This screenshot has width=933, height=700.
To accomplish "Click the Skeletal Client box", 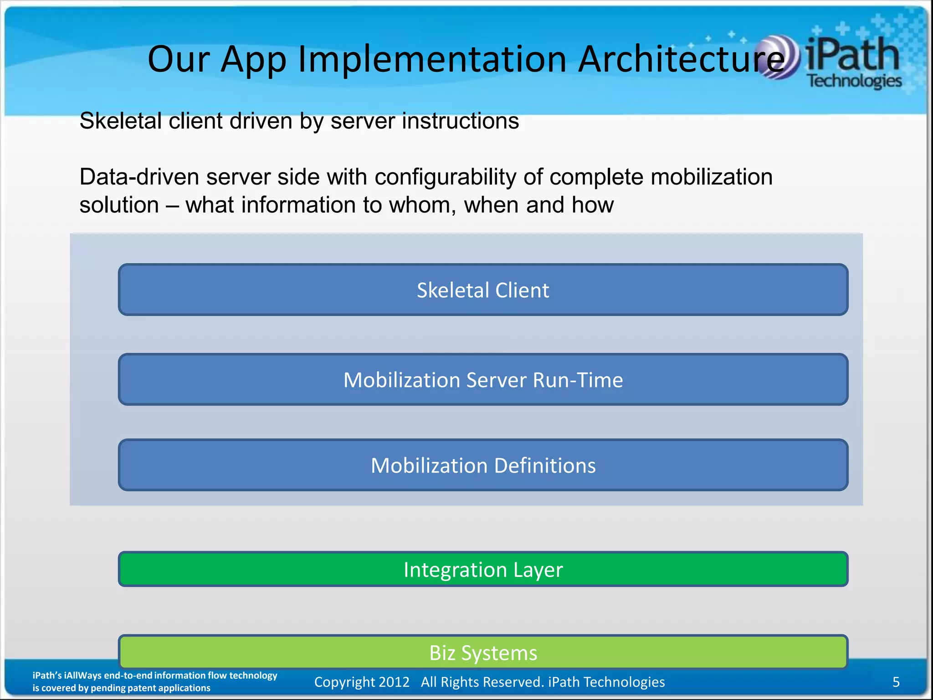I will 483,290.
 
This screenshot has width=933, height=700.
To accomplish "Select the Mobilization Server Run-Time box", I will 483,380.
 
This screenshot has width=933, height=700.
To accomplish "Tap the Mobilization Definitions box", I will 483,465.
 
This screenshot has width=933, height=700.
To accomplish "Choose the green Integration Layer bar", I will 483,569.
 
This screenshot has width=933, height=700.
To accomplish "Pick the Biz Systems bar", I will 483,652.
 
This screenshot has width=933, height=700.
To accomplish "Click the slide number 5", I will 896,682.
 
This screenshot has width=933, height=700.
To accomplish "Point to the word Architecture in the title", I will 681,59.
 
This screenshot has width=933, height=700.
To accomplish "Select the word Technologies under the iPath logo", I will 854,81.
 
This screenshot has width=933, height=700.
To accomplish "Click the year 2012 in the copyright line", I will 394,682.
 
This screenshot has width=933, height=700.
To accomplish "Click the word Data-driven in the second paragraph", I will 139,177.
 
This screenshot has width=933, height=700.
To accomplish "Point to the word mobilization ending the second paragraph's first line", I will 711,177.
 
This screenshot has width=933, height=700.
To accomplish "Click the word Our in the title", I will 178,59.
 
